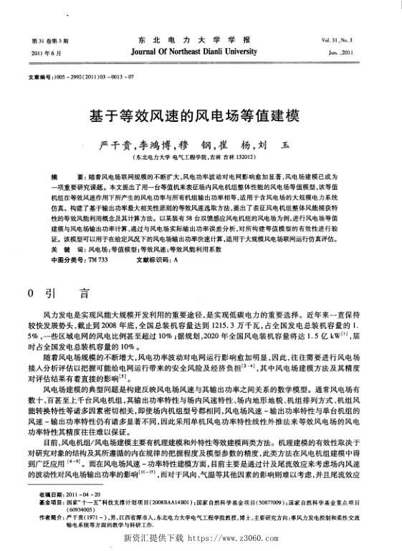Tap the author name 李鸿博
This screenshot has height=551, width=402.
tap(152, 144)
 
